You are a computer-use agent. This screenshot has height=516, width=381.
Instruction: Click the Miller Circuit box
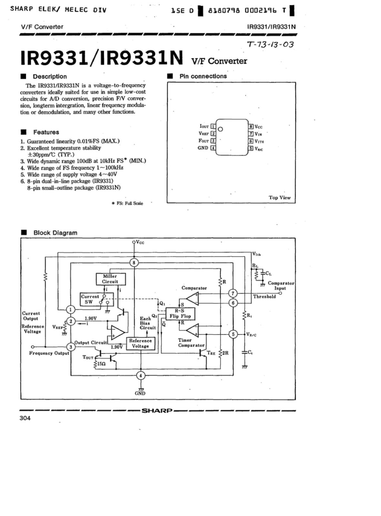tap(111, 279)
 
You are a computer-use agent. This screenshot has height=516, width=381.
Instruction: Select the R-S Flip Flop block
tap(180, 313)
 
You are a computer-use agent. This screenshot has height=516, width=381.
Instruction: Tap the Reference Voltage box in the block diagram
tap(140, 343)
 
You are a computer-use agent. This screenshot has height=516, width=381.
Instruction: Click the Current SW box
tap(97, 299)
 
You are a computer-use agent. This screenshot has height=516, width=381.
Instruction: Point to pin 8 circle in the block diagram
tap(134, 263)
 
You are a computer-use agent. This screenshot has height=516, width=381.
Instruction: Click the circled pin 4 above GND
tap(141, 375)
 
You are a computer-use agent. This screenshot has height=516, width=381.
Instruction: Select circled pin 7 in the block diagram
tap(233, 293)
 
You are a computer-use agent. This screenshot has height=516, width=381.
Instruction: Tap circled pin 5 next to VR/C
tap(233, 334)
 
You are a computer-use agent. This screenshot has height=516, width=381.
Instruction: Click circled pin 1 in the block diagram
tap(71, 309)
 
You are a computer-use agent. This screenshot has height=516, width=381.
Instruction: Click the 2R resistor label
tap(225, 353)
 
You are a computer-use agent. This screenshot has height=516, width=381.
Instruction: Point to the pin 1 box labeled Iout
tap(213, 126)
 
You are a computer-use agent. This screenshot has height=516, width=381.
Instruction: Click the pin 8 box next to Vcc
tap(251, 126)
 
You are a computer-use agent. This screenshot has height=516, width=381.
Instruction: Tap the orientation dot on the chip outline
tap(220, 129)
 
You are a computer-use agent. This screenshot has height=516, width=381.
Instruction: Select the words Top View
tap(279, 197)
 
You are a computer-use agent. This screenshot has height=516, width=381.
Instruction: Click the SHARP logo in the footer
tap(157, 411)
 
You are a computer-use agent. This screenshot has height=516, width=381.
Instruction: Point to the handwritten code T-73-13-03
tap(270, 44)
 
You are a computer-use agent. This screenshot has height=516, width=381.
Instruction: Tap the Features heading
tap(46, 132)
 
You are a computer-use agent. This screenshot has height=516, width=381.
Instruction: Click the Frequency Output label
tap(49, 353)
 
